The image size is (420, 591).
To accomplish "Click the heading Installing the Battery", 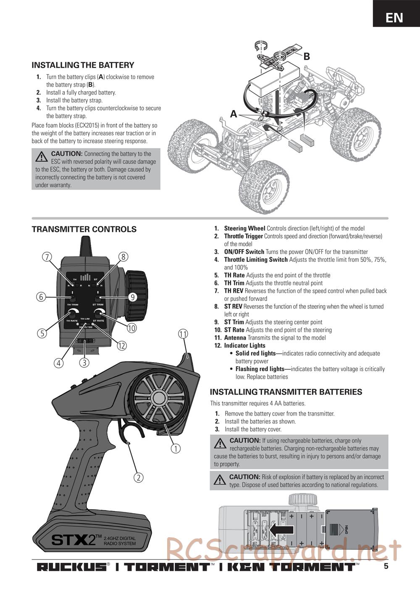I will pos(83,65).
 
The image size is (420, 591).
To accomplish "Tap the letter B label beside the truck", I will pos(306,56).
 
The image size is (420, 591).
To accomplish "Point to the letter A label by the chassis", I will pos(234,113).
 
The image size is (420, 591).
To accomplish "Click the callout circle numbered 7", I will pos(47,257).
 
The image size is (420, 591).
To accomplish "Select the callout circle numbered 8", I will pos(123,257).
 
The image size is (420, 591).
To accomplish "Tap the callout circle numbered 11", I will pos(183,334).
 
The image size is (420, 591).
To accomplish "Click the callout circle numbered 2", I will pos(139,478).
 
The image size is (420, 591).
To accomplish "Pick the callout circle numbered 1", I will pos(176,449).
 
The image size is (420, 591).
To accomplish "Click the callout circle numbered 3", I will pos(84,362).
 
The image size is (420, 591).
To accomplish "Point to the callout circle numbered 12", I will pos(121,346).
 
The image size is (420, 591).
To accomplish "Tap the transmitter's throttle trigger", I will pos(130,433).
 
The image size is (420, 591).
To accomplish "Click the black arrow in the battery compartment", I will pos(281,530).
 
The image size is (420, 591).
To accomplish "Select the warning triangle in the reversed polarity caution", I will pos(42,157).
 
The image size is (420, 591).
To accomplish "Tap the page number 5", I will pos(386,566).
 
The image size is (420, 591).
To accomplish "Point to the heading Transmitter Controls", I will pos(84,229).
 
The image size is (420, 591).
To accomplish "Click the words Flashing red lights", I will pos(260,369).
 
